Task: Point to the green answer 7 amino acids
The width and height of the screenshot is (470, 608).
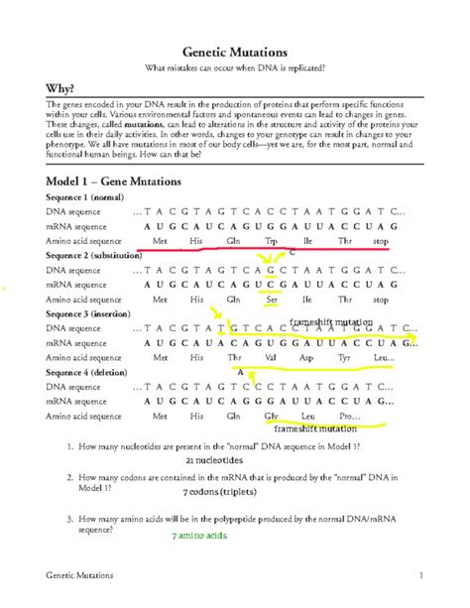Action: (x=201, y=536)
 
